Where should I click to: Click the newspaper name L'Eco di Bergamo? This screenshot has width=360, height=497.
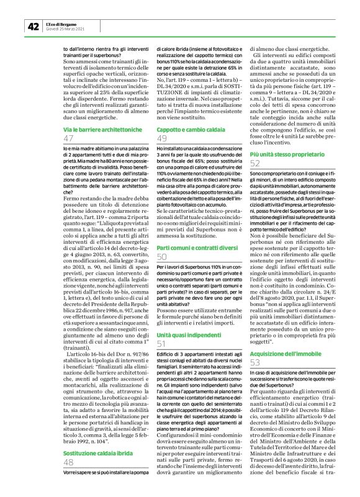62,23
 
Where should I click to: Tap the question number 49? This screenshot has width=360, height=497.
162,138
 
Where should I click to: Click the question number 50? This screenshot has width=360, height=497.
162,256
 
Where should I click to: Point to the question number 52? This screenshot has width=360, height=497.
255,163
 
